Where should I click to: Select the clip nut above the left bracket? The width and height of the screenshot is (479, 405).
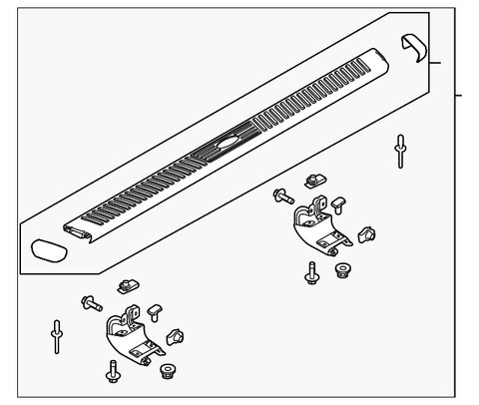pyautogui.click(x=126, y=287)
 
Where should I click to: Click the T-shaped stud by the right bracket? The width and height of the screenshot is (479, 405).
pyautogui.click(x=341, y=205)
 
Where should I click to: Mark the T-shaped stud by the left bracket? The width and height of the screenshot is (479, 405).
pyautogui.click(x=156, y=311)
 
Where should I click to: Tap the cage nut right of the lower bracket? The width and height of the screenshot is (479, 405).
pyautogui.click(x=178, y=336)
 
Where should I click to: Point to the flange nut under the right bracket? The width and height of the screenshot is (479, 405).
pyautogui.click(x=343, y=271)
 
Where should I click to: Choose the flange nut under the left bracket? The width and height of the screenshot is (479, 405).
pyautogui.click(x=167, y=373)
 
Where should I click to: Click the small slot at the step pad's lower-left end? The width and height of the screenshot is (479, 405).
pyautogui.click(x=76, y=231)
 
